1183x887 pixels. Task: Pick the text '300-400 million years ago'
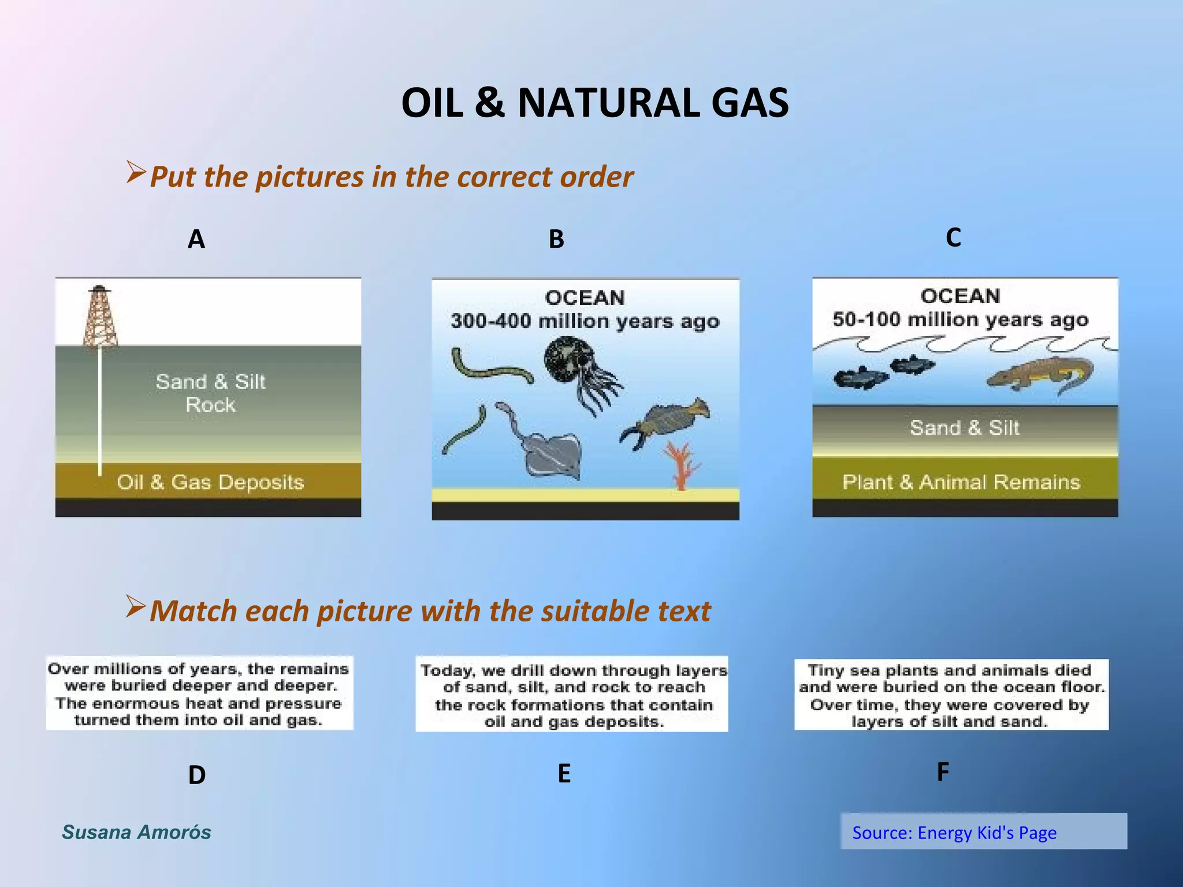585,321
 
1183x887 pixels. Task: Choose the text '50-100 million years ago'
960,319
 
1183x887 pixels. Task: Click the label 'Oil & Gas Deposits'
210,482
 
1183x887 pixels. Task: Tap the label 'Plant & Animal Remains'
961,482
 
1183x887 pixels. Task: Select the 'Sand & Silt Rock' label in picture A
210,393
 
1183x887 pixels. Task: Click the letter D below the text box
196,775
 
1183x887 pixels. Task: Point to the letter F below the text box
942,772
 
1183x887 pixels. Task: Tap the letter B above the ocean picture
556,239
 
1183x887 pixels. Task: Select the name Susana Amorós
136,832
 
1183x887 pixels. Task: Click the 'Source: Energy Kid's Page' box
983,832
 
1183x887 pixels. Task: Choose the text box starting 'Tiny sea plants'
951,695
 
